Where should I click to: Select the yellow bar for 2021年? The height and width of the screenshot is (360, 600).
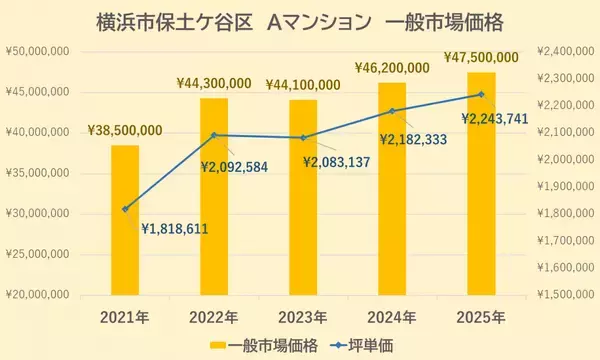click(125, 220)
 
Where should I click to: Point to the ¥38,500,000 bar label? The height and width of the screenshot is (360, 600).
click(125, 130)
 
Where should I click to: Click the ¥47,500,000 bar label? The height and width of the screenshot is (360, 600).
click(481, 57)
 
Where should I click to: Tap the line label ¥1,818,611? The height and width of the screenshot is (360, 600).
click(174, 228)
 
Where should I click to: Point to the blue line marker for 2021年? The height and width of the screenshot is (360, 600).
click(125, 209)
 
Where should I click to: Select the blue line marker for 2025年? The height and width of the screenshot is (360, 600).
click(481, 95)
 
